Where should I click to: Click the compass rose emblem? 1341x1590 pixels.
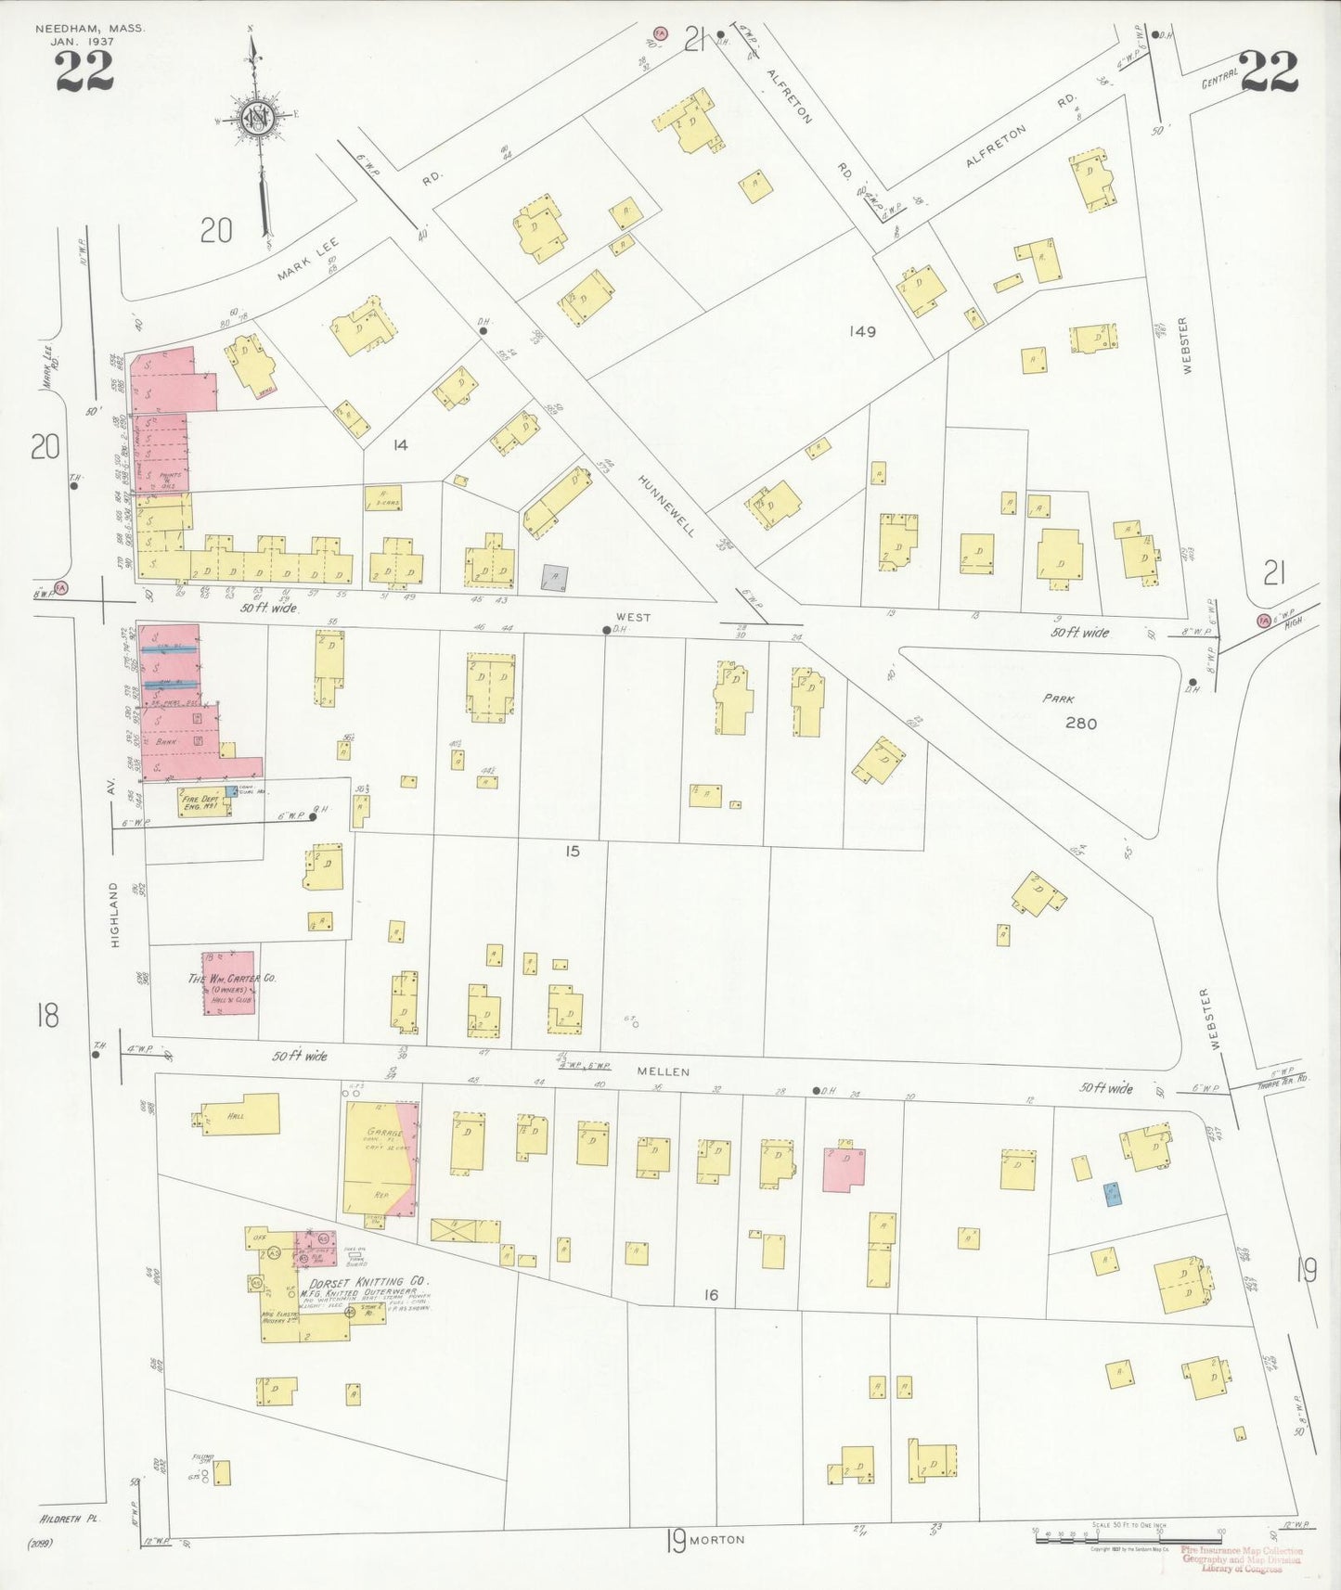[255, 118]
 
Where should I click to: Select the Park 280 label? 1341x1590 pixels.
[1072, 712]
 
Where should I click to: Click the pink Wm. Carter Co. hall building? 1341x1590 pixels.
[228, 982]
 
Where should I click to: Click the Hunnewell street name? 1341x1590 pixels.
[666, 506]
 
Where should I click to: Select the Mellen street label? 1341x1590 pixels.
[663, 1071]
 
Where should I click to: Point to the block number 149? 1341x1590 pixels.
[862, 331]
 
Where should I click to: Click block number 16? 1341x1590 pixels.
[711, 1294]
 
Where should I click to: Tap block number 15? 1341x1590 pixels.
[573, 851]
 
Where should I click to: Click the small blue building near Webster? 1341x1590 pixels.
[1111, 1194]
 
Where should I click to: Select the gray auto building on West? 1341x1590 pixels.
[555, 578]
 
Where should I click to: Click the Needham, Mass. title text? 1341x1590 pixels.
[90, 29]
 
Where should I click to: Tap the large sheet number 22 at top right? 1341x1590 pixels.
[1268, 71]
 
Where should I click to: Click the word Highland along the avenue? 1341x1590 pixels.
[115, 915]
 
